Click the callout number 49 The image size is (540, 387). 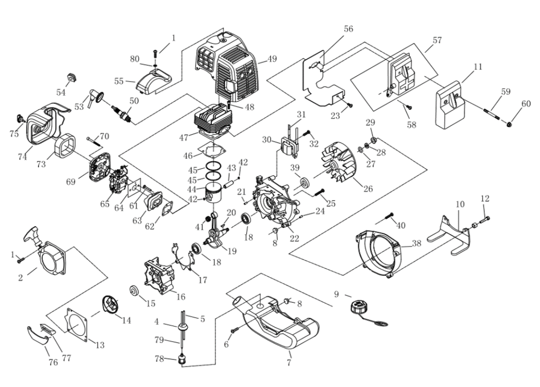point(272,59)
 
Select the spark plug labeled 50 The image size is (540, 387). point(123,114)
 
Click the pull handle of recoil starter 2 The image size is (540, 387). point(33,235)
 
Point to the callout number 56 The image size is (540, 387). point(348,29)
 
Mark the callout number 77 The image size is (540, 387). point(66,358)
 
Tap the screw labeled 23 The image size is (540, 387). point(350,105)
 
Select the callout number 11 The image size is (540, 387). point(478,67)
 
